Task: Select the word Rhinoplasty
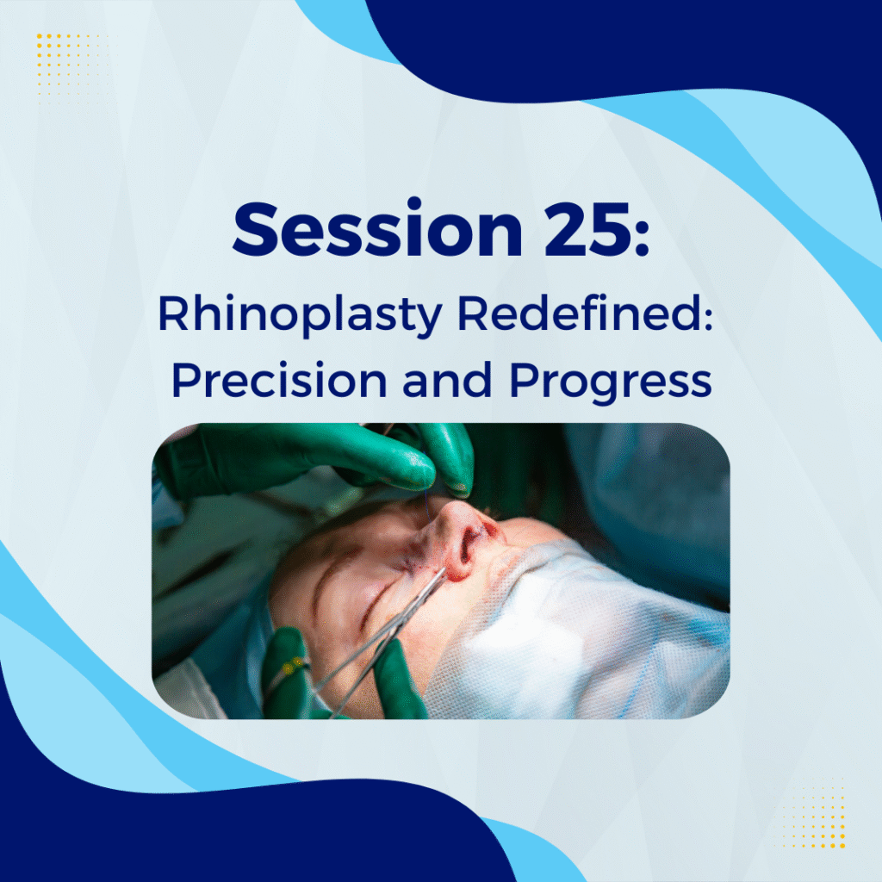tap(300, 315)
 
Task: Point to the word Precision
tap(279, 380)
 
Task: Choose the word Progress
tap(611, 382)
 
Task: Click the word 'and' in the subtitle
tap(448, 380)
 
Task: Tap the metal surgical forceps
tap(383, 636)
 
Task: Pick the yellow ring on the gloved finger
tap(293, 668)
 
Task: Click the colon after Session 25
tap(643, 236)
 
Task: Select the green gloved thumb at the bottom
tap(400, 680)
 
